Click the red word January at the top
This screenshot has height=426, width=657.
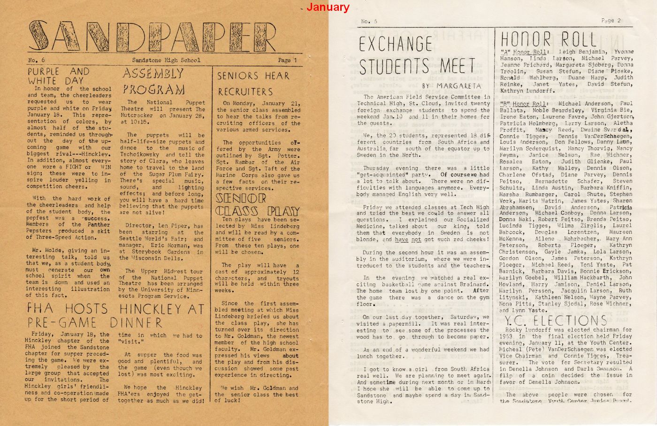(x=328, y=7)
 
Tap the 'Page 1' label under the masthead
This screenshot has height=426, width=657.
(x=287, y=60)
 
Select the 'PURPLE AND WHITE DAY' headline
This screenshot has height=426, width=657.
(x=58, y=76)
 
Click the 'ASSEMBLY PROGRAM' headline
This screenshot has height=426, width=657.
(x=153, y=81)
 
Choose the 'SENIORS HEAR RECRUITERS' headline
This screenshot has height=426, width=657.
(x=253, y=83)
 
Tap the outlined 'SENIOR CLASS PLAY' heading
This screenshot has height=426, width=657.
(x=257, y=205)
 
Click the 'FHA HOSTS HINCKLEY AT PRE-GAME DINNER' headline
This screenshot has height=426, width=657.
(x=115, y=315)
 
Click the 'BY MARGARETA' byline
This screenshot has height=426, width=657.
(x=451, y=86)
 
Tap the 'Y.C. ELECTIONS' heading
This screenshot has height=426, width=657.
(x=556, y=321)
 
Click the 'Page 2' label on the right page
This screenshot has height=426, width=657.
(x=611, y=21)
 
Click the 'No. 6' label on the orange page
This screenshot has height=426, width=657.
(x=37, y=60)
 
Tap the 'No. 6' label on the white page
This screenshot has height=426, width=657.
(x=369, y=21)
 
